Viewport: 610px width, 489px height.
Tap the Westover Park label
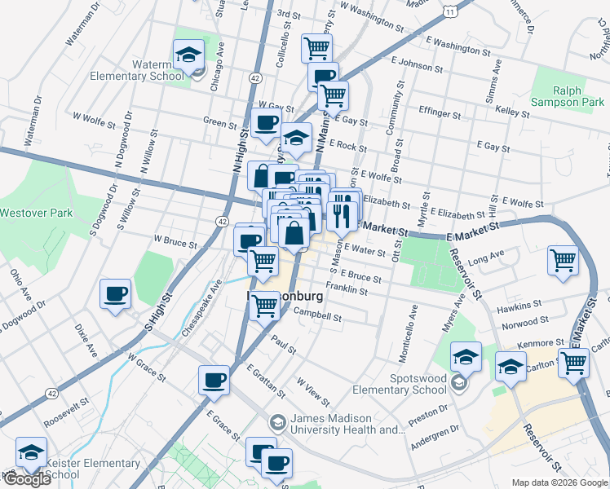click(36, 214)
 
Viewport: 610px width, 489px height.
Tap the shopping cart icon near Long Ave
click(563, 261)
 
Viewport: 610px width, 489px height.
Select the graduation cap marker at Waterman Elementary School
click(189, 56)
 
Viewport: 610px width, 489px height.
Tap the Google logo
click(26, 479)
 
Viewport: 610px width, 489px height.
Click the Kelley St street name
click(513, 109)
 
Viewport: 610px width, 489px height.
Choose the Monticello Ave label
click(413, 322)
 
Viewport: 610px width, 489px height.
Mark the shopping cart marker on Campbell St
click(264, 306)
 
